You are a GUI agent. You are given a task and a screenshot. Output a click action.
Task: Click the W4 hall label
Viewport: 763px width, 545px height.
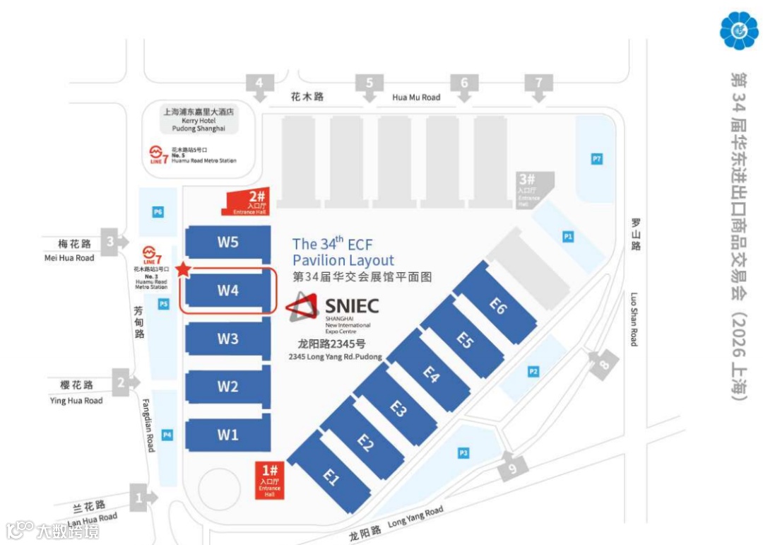pyautogui.click(x=227, y=291)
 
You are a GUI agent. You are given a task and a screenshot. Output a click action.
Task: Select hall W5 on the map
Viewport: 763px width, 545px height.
pyautogui.click(x=227, y=242)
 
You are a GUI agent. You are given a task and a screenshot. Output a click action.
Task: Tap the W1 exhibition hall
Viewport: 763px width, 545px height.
pyautogui.click(x=227, y=435)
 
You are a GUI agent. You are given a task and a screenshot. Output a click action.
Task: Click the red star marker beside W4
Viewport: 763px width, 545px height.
pyautogui.click(x=183, y=269)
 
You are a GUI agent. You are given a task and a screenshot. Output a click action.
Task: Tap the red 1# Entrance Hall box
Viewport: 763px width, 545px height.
pyautogui.click(x=269, y=480)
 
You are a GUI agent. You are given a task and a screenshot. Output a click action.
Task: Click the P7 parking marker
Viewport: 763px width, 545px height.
pyautogui.click(x=597, y=159)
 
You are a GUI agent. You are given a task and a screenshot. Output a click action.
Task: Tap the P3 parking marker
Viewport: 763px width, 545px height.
pyautogui.click(x=463, y=453)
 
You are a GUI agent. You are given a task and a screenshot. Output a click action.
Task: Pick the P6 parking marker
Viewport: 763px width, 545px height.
pyautogui.click(x=158, y=211)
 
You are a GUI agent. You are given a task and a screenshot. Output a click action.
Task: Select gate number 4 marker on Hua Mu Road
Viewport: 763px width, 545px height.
pyautogui.click(x=259, y=83)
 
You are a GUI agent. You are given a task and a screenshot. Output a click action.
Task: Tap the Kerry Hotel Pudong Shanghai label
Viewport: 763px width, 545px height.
pyautogui.click(x=199, y=119)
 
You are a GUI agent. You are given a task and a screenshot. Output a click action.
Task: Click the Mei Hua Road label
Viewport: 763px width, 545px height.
pyautogui.click(x=70, y=258)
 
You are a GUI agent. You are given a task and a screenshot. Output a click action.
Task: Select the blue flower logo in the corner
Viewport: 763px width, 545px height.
pyautogui.click(x=738, y=29)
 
